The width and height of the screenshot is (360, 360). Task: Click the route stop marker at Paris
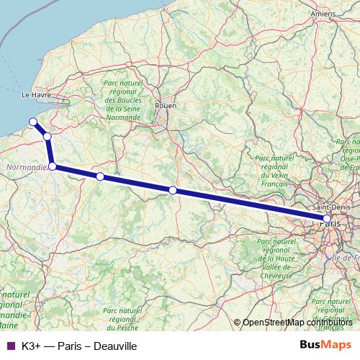click(327, 218)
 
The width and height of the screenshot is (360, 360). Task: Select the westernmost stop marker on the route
click(32, 121)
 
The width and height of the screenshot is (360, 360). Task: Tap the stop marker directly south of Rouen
click(173, 190)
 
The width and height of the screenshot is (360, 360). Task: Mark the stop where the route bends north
click(53, 166)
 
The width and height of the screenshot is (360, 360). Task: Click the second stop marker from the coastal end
click(47, 136)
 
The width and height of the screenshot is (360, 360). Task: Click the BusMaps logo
click(325, 346)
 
